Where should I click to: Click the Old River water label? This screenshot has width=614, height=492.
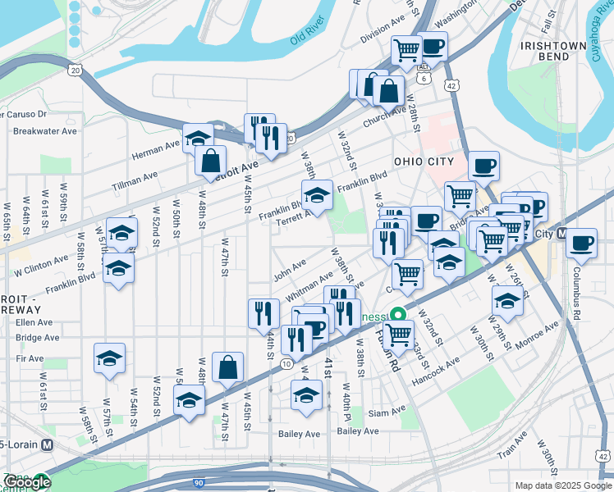pos(308,34)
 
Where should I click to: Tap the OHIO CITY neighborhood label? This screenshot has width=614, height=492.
pos(423,162)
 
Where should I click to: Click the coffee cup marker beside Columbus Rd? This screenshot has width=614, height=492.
pos(581,244)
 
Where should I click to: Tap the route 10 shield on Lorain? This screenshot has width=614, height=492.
pos(284,362)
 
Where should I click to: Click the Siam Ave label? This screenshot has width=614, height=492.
pos(387,412)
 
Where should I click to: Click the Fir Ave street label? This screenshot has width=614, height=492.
pos(30,358)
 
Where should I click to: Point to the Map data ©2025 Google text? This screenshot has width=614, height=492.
pos(563,485)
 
